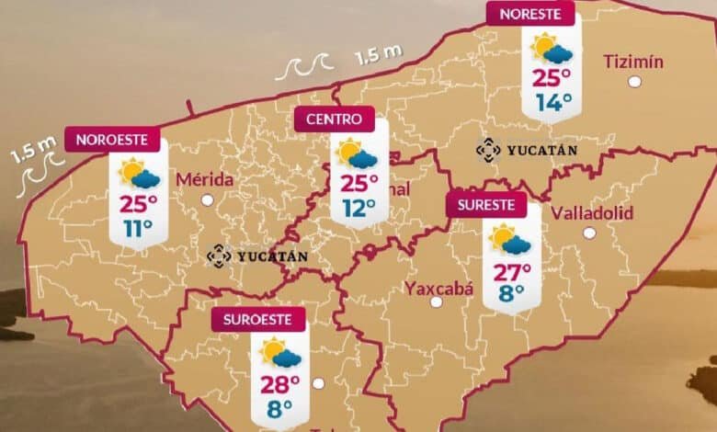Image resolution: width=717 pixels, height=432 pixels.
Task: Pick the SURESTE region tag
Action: pyautogui.click(x=486, y=204)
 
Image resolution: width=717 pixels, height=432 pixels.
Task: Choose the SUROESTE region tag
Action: pyautogui.click(x=257, y=320)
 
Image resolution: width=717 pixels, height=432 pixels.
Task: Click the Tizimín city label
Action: pyautogui.click(x=633, y=62)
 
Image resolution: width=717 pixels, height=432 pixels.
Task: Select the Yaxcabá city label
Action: pyautogui.click(x=439, y=289)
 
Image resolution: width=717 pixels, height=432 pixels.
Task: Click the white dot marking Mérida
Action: pyautogui.click(x=208, y=199)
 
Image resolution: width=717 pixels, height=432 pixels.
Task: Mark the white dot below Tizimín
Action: pyautogui.click(x=634, y=82)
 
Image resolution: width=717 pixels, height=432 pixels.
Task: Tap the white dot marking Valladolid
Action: pyautogui.click(x=588, y=233)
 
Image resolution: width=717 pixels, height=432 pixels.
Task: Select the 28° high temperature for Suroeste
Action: pyautogui.click(x=280, y=383)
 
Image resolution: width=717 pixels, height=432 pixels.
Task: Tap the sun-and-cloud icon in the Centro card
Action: pyautogui.click(x=354, y=153)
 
